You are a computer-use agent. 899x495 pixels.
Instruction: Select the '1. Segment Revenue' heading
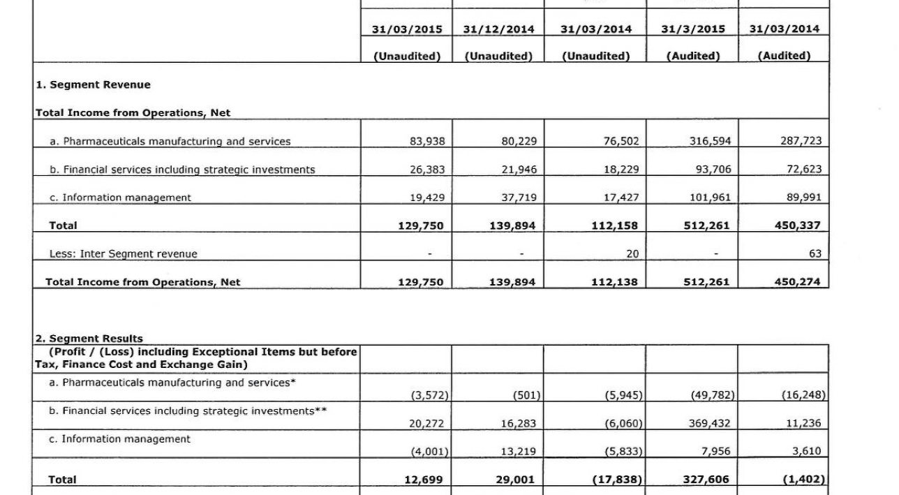click(93, 85)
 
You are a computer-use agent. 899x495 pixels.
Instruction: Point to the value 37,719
click(519, 198)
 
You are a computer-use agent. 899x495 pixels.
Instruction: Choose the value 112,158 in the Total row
click(614, 226)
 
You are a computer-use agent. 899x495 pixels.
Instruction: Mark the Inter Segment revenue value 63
click(815, 254)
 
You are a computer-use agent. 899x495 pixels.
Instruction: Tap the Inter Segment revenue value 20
click(632, 254)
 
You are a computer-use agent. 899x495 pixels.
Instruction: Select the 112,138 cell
click(614, 283)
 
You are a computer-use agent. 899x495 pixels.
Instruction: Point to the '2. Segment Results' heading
click(89, 339)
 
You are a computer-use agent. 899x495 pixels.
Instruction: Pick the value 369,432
click(708, 423)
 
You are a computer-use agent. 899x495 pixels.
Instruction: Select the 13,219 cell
click(519, 452)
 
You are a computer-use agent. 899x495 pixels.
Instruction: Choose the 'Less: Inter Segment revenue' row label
click(123, 254)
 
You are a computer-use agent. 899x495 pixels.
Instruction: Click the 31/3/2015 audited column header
click(693, 29)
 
